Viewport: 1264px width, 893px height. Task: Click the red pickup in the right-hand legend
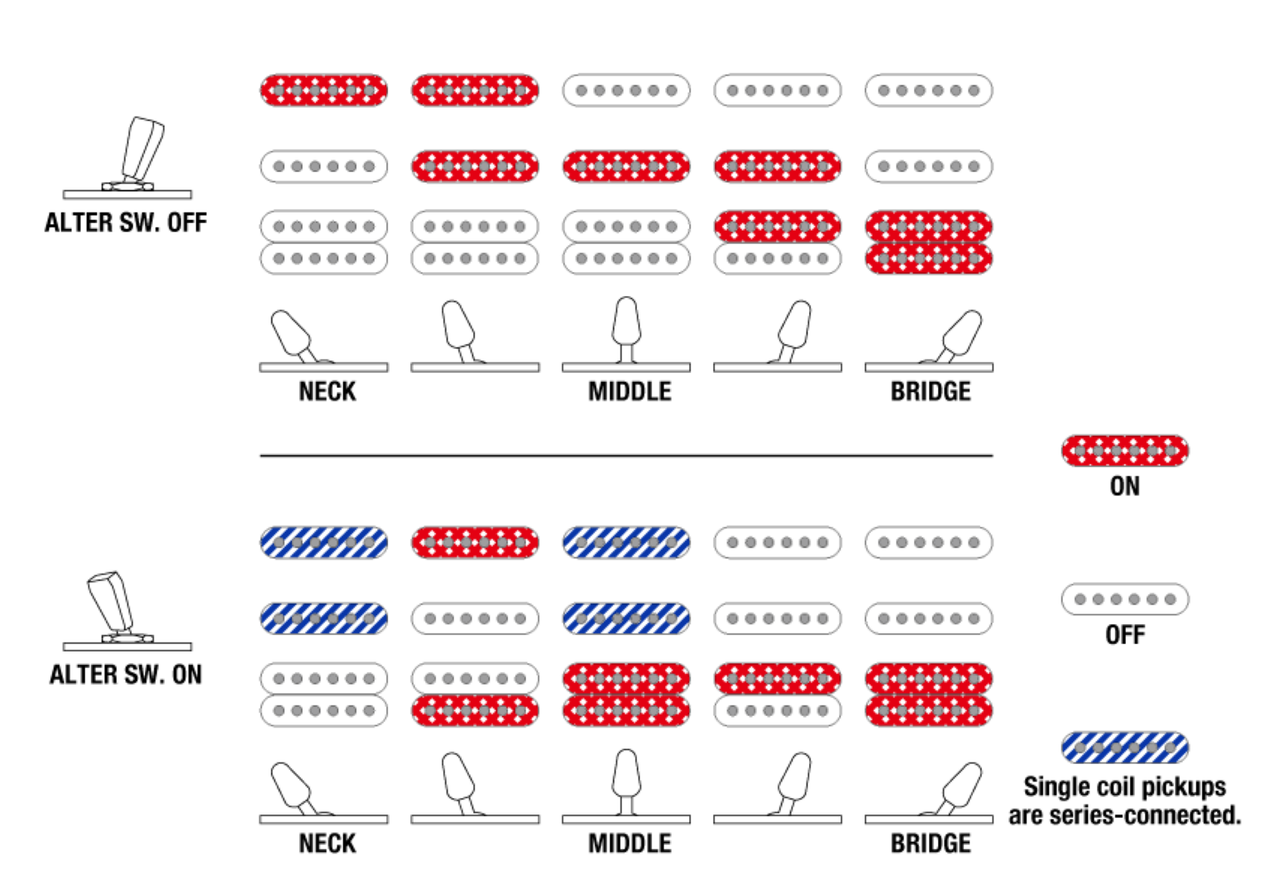[1124, 451]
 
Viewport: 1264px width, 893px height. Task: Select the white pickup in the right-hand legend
[1124, 599]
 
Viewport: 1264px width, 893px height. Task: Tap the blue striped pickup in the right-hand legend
[1124, 747]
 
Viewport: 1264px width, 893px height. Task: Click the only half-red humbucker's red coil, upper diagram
[778, 226]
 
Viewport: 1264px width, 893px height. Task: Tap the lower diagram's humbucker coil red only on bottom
[475, 710]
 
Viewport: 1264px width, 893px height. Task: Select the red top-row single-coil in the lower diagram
[475, 542]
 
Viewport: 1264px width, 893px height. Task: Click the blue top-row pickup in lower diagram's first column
[323, 542]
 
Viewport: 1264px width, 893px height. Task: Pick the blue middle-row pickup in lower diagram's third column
[626, 618]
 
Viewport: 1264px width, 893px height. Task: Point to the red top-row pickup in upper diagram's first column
[323, 90]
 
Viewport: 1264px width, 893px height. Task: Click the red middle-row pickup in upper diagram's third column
[626, 166]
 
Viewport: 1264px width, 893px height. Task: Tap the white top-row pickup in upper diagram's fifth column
[929, 90]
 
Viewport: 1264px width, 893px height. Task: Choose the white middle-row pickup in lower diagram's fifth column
[929, 618]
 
